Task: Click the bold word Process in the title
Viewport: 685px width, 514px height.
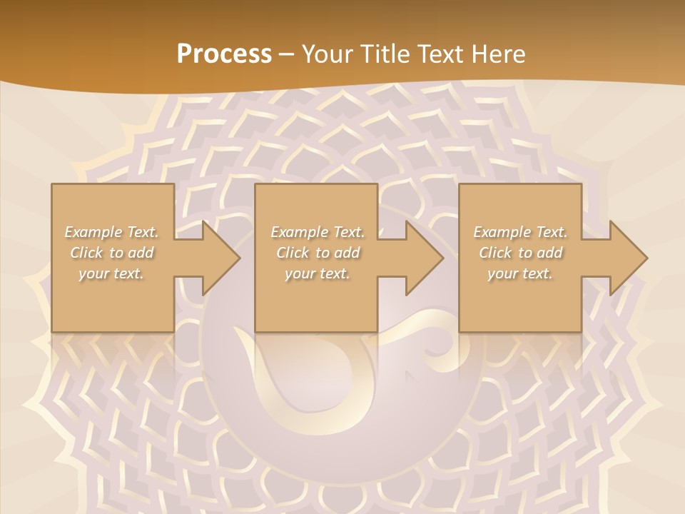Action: tap(224, 54)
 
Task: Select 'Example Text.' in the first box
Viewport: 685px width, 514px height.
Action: tap(112, 232)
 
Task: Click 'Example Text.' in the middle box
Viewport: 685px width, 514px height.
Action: tap(318, 232)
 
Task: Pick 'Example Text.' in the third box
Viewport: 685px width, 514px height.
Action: tap(520, 232)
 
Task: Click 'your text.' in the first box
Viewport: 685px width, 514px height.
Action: tap(111, 273)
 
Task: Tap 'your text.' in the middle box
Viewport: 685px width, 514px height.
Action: tap(318, 273)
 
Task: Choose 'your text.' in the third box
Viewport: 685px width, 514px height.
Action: tap(520, 273)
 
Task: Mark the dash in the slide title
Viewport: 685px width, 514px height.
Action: tap(286, 54)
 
